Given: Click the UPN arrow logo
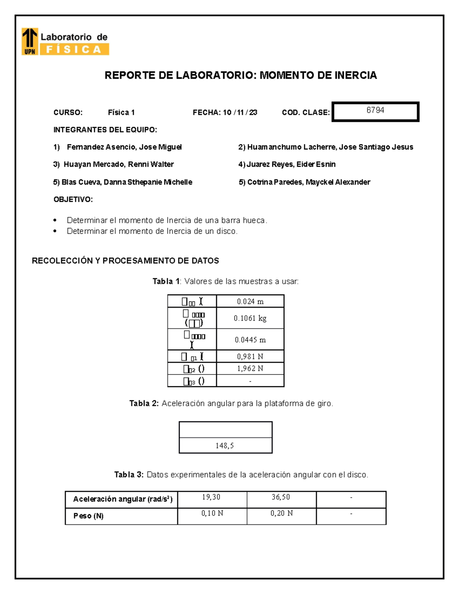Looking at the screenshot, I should (30, 41).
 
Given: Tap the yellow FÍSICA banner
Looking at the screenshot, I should (74, 49).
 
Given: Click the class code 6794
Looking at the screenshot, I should (375, 110).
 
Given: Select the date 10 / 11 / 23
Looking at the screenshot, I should (240, 112).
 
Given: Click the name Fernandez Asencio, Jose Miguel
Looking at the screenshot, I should (124, 147).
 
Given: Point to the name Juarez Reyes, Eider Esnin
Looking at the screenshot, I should (291, 164).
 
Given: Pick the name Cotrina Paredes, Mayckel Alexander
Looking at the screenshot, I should (308, 182).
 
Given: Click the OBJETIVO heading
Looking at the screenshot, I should (73, 199).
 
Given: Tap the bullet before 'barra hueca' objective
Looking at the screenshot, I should (55, 220).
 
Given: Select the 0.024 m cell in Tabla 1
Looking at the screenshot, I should (250, 301).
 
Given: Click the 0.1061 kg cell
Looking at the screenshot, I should (250, 318).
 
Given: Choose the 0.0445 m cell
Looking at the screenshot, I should (250, 340).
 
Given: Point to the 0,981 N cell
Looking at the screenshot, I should (250, 356).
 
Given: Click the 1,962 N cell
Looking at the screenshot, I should (250, 368).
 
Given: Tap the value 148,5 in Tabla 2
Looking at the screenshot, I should (225, 446).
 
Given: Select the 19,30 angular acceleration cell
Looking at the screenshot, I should (212, 497).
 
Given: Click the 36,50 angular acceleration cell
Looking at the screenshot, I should (281, 497).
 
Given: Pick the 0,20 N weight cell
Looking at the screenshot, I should (282, 513).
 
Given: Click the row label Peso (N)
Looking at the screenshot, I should (88, 516).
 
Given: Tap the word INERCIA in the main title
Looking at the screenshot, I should (356, 75).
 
